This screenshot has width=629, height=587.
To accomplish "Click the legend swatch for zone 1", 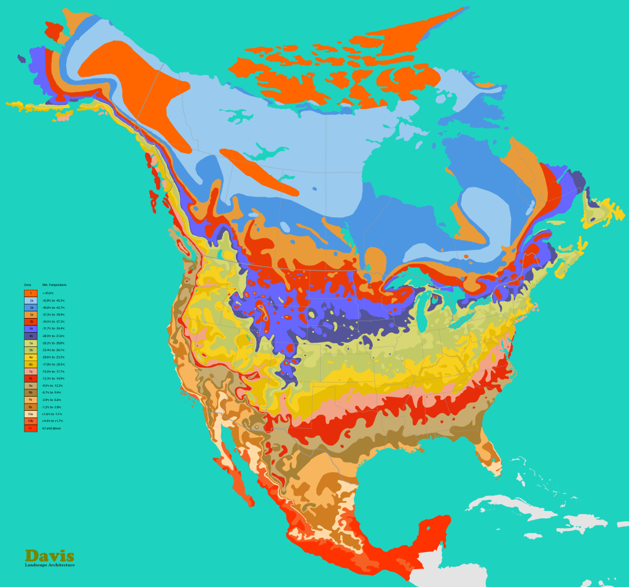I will pos(31,293).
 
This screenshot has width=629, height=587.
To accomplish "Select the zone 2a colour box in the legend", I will pos(31,300).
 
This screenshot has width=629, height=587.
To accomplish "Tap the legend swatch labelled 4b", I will pos(31,336).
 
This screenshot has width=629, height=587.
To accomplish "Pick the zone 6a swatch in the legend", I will pos(31,357).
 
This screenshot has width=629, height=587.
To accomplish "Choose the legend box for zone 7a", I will pos(31,371).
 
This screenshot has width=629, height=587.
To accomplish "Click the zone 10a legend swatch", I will pos(31,414).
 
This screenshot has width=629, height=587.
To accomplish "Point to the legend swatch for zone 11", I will pos(31,428).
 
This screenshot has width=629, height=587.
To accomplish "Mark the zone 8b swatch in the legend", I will pos(31,392).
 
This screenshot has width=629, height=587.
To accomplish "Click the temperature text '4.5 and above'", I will pos(51,428).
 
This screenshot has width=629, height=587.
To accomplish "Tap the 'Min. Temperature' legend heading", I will pos(54,286).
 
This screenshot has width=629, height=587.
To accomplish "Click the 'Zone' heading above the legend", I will pos(28,286).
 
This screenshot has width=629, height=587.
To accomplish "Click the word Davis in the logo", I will pos(50,556).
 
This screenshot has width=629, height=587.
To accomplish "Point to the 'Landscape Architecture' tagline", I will pos(50,565).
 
